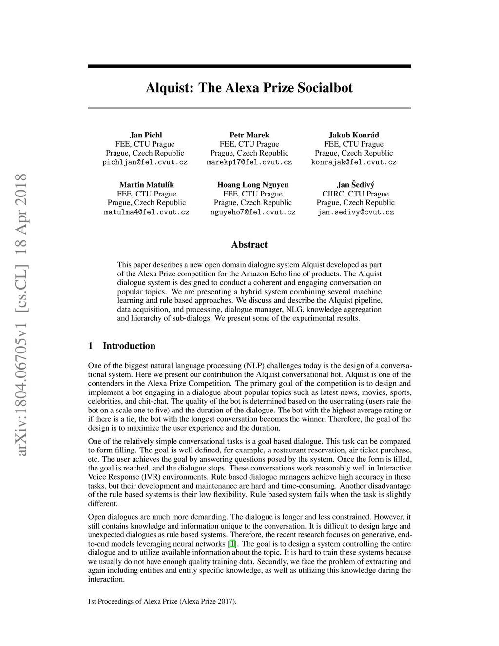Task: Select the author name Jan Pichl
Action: point(146,135)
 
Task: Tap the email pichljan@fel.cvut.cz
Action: point(145,162)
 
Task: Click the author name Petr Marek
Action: point(249,135)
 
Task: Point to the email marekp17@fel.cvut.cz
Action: point(249,162)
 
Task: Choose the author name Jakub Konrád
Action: point(354,135)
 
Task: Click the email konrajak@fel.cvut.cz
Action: point(354,162)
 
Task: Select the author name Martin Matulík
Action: point(147,185)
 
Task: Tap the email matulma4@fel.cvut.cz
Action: point(147,212)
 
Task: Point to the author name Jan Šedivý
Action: point(356,185)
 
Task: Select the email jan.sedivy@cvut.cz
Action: point(356,212)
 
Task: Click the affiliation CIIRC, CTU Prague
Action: point(356,194)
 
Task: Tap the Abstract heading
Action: point(249,245)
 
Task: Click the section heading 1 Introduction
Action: point(122,346)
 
